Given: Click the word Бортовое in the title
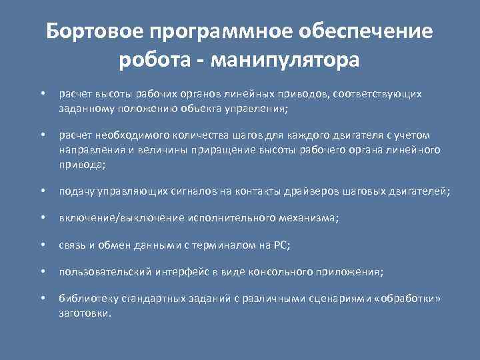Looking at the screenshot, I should (x=95, y=31).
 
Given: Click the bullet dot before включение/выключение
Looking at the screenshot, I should (x=42, y=218).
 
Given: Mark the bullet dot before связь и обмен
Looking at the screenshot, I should (x=42, y=245).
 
